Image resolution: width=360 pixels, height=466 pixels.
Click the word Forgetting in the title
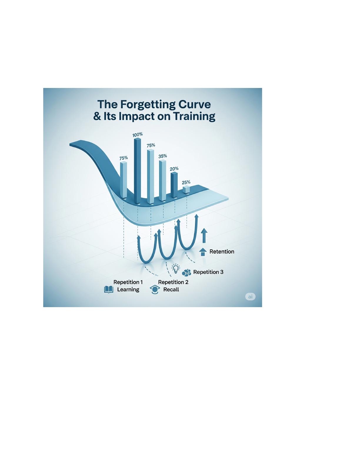[x=148, y=104]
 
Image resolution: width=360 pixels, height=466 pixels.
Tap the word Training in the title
[x=194, y=116]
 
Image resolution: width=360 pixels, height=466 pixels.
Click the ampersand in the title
[x=97, y=116]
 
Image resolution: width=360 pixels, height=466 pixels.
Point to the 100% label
[x=137, y=135]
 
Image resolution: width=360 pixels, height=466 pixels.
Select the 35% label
[x=163, y=156]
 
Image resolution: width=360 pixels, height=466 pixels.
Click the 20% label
[x=174, y=169]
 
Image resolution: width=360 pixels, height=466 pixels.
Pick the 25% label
[x=186, y=182]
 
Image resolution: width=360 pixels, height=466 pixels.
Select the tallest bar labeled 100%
[x=138, y=171]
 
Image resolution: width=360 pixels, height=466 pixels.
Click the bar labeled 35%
[x=163, y=180]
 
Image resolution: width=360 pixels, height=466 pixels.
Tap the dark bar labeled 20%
[x=174, y=185]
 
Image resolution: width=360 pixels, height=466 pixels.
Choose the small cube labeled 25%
[x=186, y=189]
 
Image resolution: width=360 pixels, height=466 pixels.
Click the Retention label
[x=222, y=252]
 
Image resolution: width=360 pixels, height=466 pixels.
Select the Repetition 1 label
[x=128, y=282]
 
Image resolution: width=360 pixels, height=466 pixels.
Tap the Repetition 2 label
[x=173, y=282]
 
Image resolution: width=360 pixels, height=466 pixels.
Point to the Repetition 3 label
[x=208, y=272]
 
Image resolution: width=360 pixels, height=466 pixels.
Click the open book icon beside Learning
[x=109, y=289]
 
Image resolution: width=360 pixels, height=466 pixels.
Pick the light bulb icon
[x=176, y=269]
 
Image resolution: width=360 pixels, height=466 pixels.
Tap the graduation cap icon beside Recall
[x=155, y=289]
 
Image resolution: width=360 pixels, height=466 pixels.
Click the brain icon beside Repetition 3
[x=186, y=272]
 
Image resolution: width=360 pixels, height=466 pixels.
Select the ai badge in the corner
[x=250, y=297]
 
